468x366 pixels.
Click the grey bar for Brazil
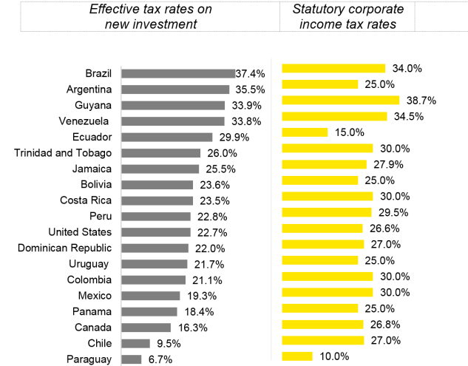coord(177,73)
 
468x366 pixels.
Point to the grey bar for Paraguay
coord(131,359)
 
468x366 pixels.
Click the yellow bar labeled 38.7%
coord(341,100)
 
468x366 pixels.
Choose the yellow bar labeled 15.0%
coord(305,132)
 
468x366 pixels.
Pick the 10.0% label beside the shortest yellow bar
coord(334,356)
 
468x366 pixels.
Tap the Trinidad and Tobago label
coord(63,153)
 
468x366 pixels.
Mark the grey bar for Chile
coord(135,343)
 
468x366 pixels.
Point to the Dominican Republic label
coord(65,248)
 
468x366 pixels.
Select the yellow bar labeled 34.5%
coord(334,116)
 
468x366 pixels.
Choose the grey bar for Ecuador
coord(166,137)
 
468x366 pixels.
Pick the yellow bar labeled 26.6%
coord(322,228)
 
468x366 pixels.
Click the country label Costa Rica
coord(86,200)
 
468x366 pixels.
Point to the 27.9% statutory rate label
coord(393,164)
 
